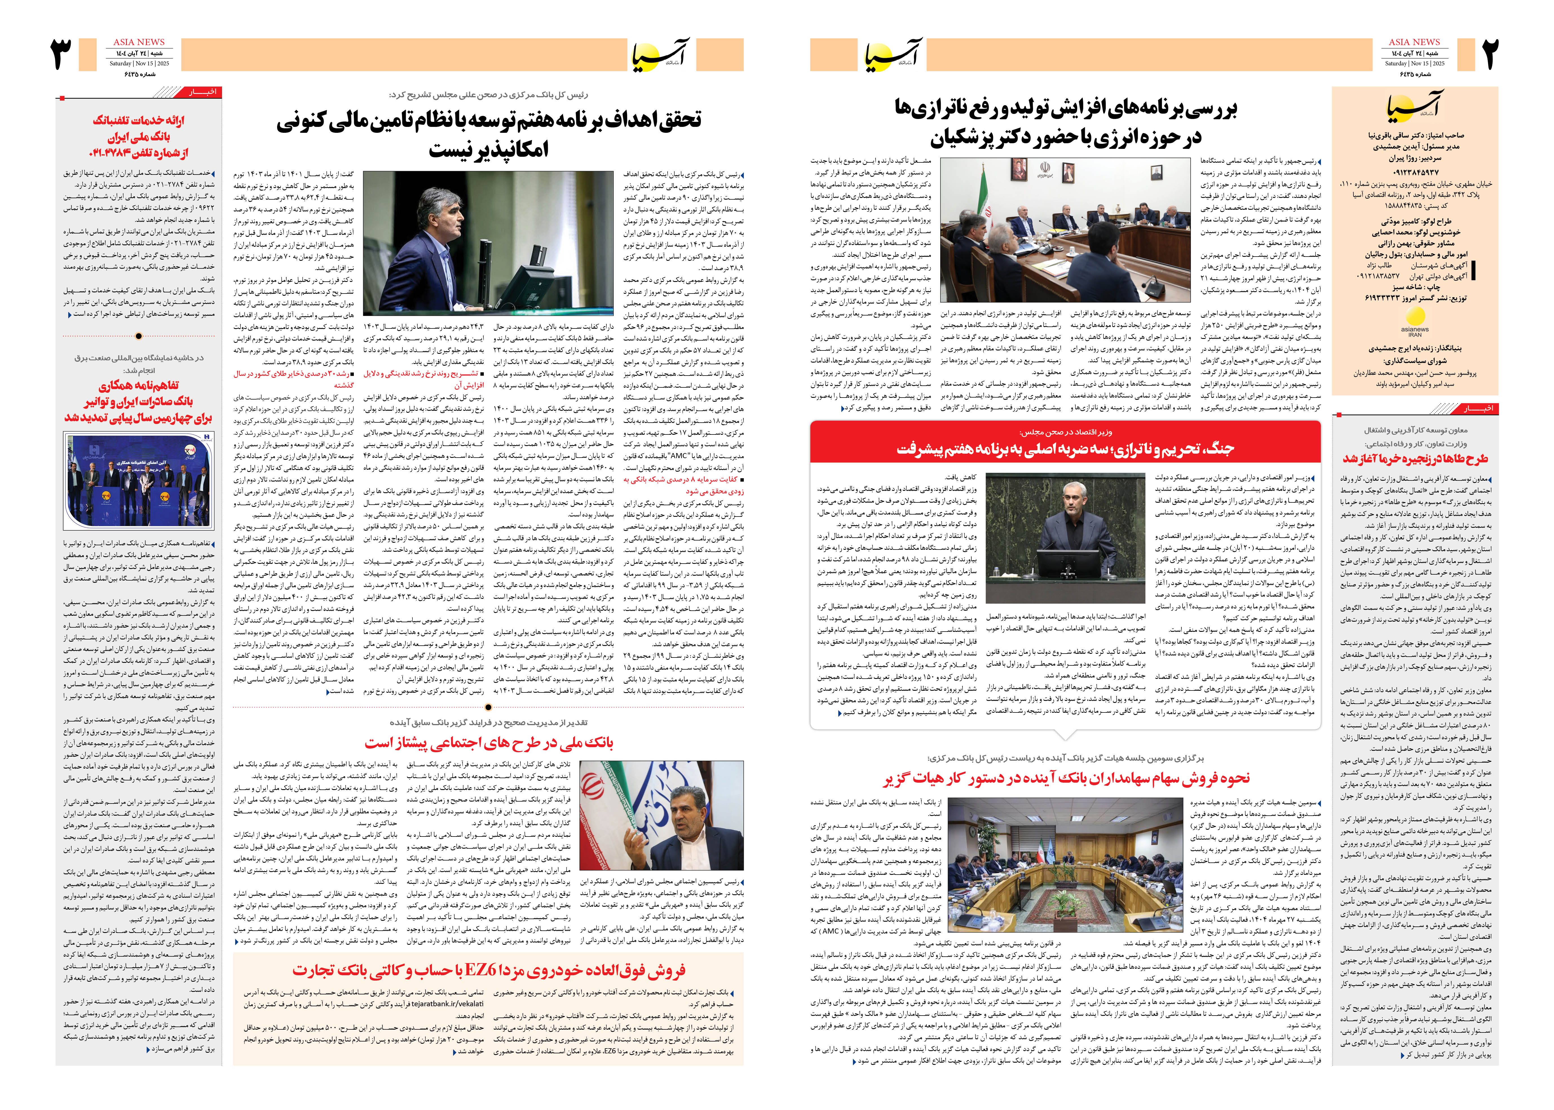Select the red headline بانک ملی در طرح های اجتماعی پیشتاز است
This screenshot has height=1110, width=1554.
pyautogui.click(x=489, y=742)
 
